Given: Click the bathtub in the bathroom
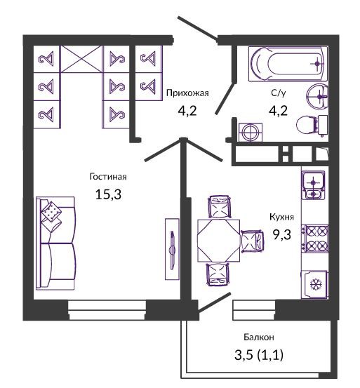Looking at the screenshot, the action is (x=288, y=64).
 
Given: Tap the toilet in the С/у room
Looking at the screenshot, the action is (x=312, y=125).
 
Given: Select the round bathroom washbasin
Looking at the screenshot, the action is (x=317, y=96).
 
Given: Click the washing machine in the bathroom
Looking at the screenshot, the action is (x=251, y=133).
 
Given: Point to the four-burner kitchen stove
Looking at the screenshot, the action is (x=315, y=239).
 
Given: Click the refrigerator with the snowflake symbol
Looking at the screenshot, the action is (x=314, y=285).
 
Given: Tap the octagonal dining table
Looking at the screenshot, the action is (x=218, y=240).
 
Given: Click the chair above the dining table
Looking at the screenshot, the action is (x=219, y=207).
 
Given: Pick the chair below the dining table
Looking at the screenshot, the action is (x=218, y=274).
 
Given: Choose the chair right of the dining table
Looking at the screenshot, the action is (x=253, y=241).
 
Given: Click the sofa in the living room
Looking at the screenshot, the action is (x=55, y=243).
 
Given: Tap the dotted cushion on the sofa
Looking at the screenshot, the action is (x=51, y=212).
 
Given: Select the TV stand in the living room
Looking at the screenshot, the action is (x=172, y=249).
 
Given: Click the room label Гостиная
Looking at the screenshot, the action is (x=108, y=177).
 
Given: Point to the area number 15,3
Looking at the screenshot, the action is (x=108, y=195).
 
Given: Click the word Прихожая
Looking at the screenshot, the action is (x=187, y=93).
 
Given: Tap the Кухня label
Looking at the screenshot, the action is (x=282, y=217).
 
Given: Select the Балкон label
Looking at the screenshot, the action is (x=259, y=337).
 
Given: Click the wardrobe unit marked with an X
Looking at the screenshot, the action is (x=81, y=59).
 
